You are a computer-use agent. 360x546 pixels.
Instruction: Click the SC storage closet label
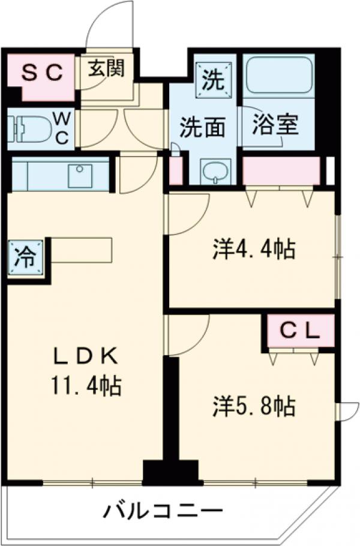pos(42,73)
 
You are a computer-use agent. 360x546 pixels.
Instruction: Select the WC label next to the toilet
pos(62,127)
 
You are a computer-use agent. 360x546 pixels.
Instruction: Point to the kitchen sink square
pos(79,175)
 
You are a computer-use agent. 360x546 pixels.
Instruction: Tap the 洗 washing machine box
pos(214,78)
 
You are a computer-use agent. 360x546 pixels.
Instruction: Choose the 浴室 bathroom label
pos(275,127)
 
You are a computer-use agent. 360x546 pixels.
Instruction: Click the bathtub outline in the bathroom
pos(279,76)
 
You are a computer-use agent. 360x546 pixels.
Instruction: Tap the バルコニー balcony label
pos(163,512)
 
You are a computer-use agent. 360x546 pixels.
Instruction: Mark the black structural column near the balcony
pos(171,471)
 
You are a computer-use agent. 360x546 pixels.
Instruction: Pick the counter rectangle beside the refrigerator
pos(82,250)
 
